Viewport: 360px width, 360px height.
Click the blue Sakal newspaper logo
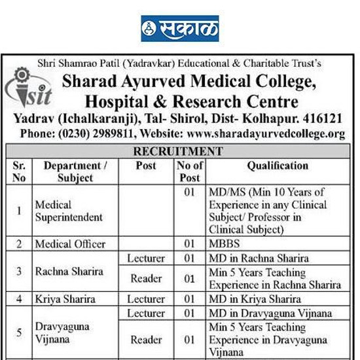tap(180, 28)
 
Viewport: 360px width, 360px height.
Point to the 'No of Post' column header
tap(189, 171)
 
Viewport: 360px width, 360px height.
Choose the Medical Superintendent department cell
tap(69, 211)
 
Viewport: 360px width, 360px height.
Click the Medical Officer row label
tap(71, 244)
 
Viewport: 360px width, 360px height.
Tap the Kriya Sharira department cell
tap(65, 299)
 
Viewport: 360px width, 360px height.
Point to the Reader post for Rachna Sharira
tap(146, 279)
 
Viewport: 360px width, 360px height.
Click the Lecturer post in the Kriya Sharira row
tap(146, 299)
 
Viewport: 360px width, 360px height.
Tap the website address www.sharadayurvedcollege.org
tap(266, 134)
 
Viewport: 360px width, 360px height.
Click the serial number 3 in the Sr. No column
tap(19, 272)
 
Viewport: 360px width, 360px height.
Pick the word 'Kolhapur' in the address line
tap(278, 119)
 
